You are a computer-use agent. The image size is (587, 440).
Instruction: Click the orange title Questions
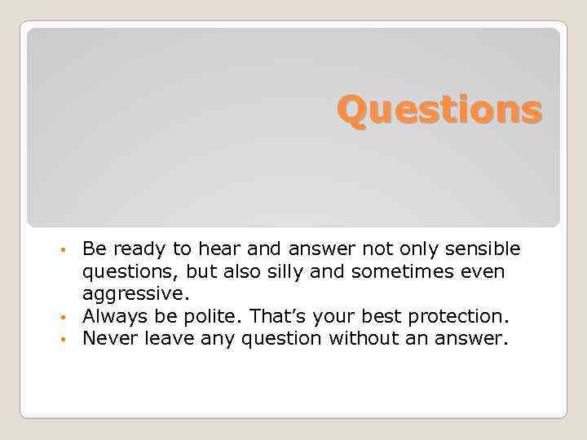click(439, 110)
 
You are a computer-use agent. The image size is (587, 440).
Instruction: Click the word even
click(483, 271)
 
